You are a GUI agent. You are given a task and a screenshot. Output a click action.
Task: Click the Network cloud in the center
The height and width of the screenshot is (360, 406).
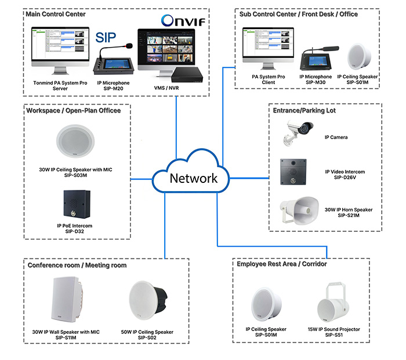pos(193,177)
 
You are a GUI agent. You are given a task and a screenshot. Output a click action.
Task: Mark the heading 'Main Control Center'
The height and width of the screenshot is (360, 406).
pos(57,15)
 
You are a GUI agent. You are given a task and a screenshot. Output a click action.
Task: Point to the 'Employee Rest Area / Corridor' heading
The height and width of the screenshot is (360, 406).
pos(282,264)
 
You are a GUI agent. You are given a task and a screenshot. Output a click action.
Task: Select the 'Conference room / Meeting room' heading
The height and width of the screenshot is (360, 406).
pos(77,265)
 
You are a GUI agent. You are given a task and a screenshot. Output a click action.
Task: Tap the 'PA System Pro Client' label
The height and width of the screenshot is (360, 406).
pos(267,80)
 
